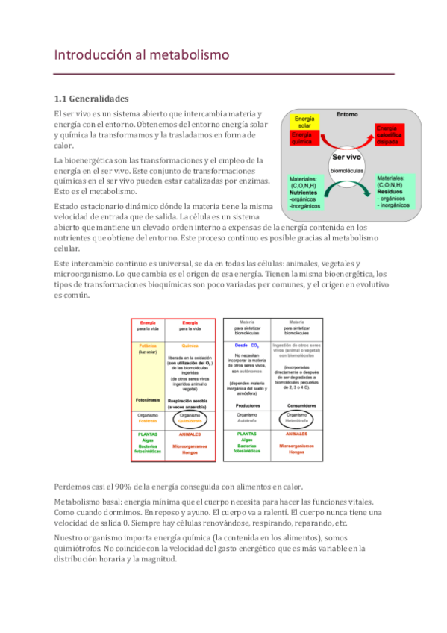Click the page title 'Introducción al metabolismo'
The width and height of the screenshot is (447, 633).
click(141, 55)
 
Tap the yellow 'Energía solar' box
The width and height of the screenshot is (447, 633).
click(304, 122)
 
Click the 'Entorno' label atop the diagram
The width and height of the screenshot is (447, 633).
click(347, 115)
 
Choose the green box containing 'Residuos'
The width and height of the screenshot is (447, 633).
click(393, 189)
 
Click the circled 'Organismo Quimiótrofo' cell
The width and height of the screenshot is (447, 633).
click(190, 418)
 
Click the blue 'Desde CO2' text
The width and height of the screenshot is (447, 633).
click(246, 346)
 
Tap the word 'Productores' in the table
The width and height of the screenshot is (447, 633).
click(246, 405)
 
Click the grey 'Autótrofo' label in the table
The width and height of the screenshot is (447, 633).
click(246, 421)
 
